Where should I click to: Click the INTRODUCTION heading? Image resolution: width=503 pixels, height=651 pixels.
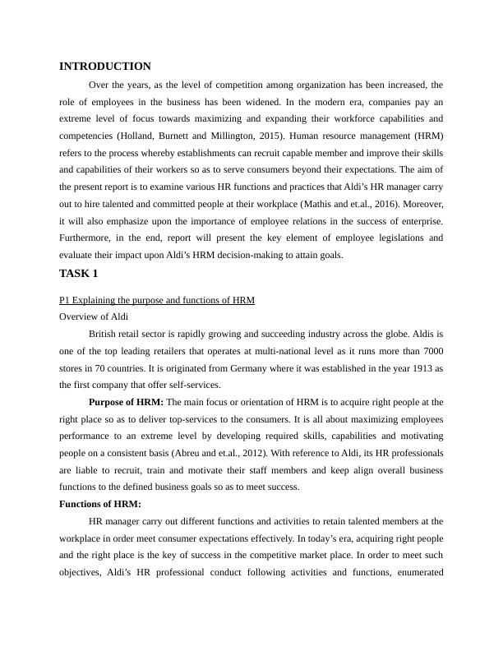click(x=105, y=67)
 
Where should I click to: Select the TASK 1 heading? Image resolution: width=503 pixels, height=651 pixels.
click(x=79, y=274)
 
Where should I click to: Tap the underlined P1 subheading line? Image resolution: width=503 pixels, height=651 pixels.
click(x=157, y=300)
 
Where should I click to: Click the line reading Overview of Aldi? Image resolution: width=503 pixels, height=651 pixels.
click(x=94, y=316)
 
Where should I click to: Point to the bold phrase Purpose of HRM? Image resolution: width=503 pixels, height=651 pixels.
click(x=127, y=402)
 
